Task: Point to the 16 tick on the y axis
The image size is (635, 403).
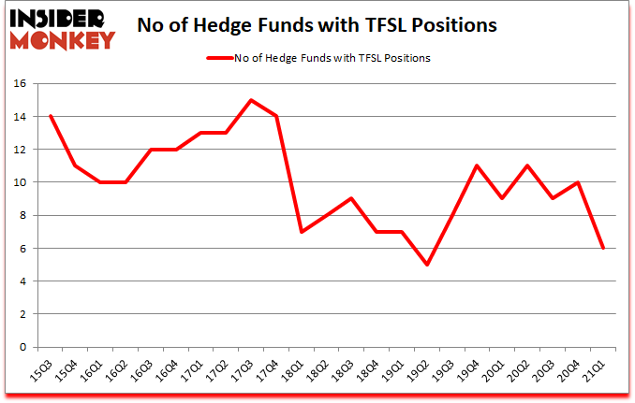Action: (x=23, y=83)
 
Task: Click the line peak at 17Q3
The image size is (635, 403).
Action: (x=252, y=100)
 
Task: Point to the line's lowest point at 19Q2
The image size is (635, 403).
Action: (x=428, y=265)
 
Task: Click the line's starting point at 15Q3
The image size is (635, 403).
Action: (x=51, y=116)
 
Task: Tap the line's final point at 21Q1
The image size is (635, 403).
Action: (x=604, y=248)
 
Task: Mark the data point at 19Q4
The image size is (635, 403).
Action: (x=479, y=166)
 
